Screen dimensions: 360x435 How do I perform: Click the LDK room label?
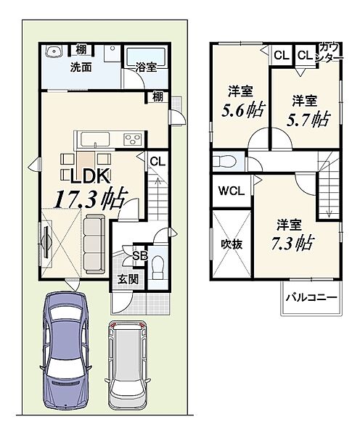(89, 176)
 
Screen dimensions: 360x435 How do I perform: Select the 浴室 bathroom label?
(146, 67)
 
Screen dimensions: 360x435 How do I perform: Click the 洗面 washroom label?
(81, 67)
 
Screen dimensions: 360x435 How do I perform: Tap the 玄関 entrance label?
(128, 279)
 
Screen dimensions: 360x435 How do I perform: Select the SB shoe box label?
(139, 256)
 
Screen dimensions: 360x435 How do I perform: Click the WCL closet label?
(231, 191)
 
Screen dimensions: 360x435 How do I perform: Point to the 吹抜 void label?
(232, 244)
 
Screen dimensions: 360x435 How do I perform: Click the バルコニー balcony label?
(311, 297)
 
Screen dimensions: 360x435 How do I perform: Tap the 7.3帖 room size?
(292, 243)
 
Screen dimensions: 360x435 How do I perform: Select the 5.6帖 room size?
(243, 110)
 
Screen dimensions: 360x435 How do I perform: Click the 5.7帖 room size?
(308, 119)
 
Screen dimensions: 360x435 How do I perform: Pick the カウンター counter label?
(330, 52)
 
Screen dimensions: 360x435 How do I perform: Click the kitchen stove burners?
(133, 139)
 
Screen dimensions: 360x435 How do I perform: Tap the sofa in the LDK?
(94, 244)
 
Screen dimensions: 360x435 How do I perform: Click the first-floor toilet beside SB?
(157, 267)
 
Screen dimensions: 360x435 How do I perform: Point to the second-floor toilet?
(224, 161)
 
